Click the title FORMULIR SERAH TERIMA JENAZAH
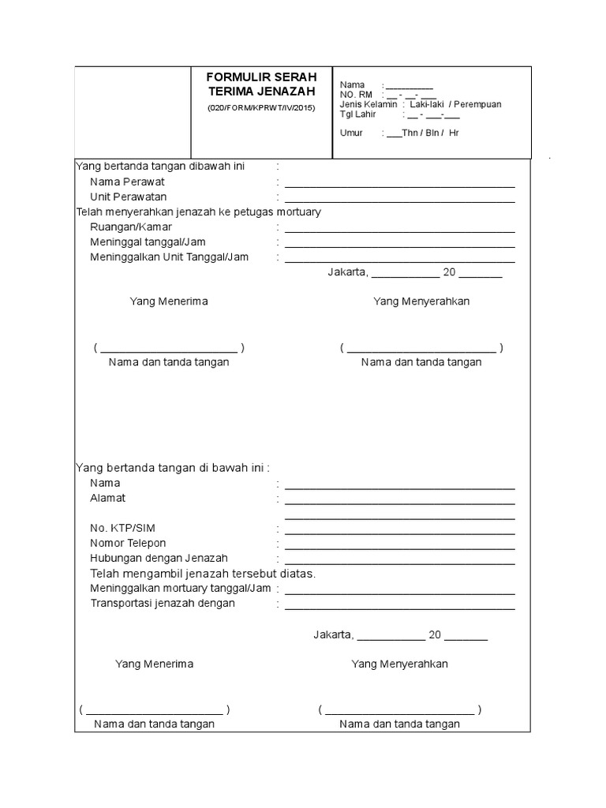(261, 84)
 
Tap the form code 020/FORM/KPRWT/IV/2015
(261, 107)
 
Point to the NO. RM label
(356, 95)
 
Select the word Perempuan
(476, 104)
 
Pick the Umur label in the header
(351, 133)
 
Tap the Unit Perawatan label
(129, 196)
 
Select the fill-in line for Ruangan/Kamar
(399, 232)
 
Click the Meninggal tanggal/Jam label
(148, 242)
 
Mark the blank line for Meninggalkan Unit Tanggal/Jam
(399, 262)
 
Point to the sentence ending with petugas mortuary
(198, 212)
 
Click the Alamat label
(108, 498)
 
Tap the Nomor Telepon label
(128, 543)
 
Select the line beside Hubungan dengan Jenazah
(399, 563)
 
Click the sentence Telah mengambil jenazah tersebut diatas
(203, 573)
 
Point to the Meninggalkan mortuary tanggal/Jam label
(181, 588)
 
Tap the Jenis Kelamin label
(368, 104)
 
